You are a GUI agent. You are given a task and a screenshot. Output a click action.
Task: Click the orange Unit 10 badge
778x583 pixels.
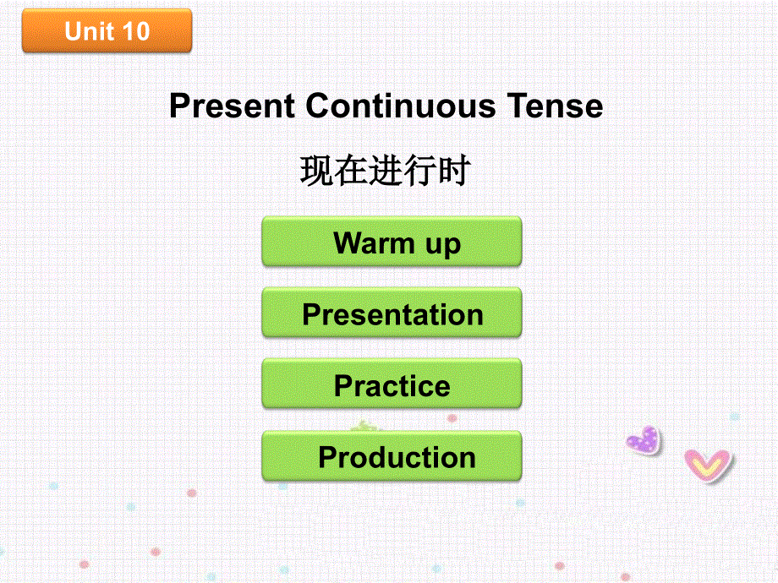(x=107, y=30)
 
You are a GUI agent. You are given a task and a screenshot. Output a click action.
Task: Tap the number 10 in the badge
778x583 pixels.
(x=135, y=31)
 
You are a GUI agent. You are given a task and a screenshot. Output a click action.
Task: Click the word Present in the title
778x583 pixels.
(x=233, y=106)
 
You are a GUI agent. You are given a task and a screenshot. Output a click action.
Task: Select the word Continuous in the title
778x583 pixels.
(x=401, y=106)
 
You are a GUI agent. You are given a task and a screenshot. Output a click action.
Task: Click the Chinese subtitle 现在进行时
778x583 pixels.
(x=385, y=171)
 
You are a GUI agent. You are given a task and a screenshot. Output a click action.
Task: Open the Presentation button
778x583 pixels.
(x=392, y=313)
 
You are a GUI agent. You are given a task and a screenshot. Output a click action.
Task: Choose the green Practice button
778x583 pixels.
(x=392, y=384)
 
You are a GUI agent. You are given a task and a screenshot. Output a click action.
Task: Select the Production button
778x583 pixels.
(x=392, y=455)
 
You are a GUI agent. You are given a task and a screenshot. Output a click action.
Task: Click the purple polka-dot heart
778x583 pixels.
(x=644, y=440)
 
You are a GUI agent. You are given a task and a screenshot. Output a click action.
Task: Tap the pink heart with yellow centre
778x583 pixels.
(x=708, y=465)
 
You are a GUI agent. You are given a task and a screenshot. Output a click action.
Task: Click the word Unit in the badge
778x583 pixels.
(x=90, y=31)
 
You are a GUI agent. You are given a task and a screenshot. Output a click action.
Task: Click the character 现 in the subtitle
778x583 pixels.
(x=316, y=171)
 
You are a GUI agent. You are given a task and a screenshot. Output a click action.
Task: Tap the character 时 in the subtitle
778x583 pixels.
(x=453, y=171)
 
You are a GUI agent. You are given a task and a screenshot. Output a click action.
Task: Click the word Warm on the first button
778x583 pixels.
(x=374, y=243)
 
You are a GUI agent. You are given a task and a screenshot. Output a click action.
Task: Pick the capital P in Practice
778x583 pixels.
(x=344, y=385)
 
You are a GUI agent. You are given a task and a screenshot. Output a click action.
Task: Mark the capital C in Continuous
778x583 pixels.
(x=318, y=106)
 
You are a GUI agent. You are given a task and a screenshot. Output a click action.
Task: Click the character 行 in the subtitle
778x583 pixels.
(x=419, y=171)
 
